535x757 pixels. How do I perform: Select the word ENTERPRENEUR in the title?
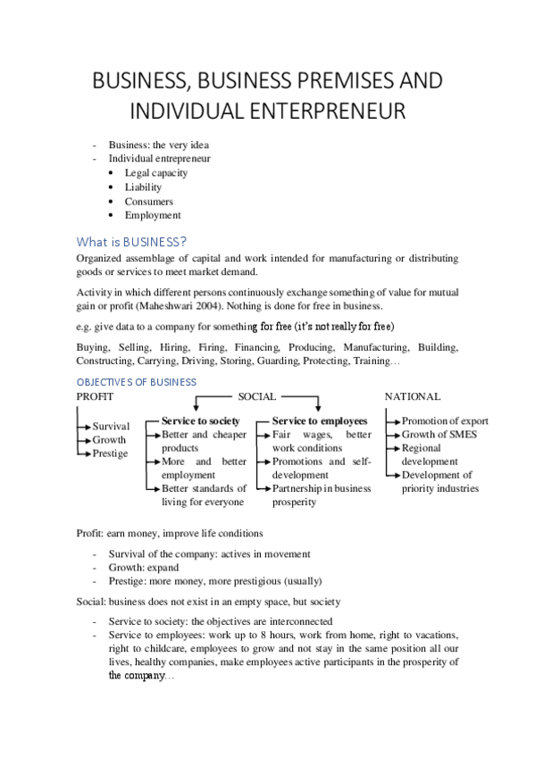point(330,112)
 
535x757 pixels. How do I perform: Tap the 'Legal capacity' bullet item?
point(156,173)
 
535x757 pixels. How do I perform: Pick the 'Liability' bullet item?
point(143,187)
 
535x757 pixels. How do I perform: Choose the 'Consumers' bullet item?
point(149,202)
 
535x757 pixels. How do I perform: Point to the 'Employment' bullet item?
point(153,215)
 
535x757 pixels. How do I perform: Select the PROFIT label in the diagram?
point(96,396)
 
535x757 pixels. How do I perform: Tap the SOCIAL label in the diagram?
point(256,396)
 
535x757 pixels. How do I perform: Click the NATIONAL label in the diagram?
point(412,396)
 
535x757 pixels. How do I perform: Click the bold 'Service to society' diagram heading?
point(201,420)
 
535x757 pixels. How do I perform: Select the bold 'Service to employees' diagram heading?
point(320,420)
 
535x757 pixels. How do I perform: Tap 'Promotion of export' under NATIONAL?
point(445,420)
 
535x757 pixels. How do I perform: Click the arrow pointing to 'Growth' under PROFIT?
point(86,440)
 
